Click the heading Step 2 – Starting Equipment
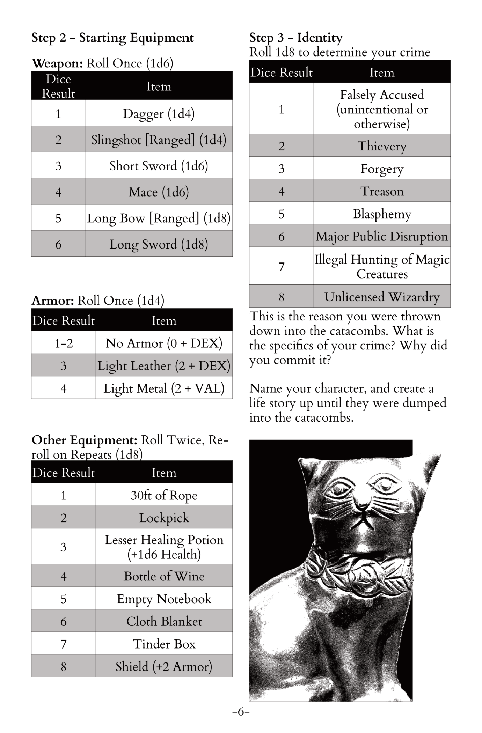click(112, 38)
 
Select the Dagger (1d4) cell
click(159, 113)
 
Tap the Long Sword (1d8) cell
click(159, 244)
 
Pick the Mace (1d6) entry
click(159, 192)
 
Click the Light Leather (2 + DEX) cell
click(164, 365)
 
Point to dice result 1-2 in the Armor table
click(64, 343)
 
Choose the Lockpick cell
click(164, 518)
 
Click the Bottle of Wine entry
click(164, 576)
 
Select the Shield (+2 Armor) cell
click(164, 666)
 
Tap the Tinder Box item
click(164, 644)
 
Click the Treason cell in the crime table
click(382, 191)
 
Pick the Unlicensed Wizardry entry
click(382, 296)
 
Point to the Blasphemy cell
click(382, 214)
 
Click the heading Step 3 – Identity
click(296, 37)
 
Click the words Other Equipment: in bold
click(85, 440)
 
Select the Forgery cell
click(382, 169)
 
